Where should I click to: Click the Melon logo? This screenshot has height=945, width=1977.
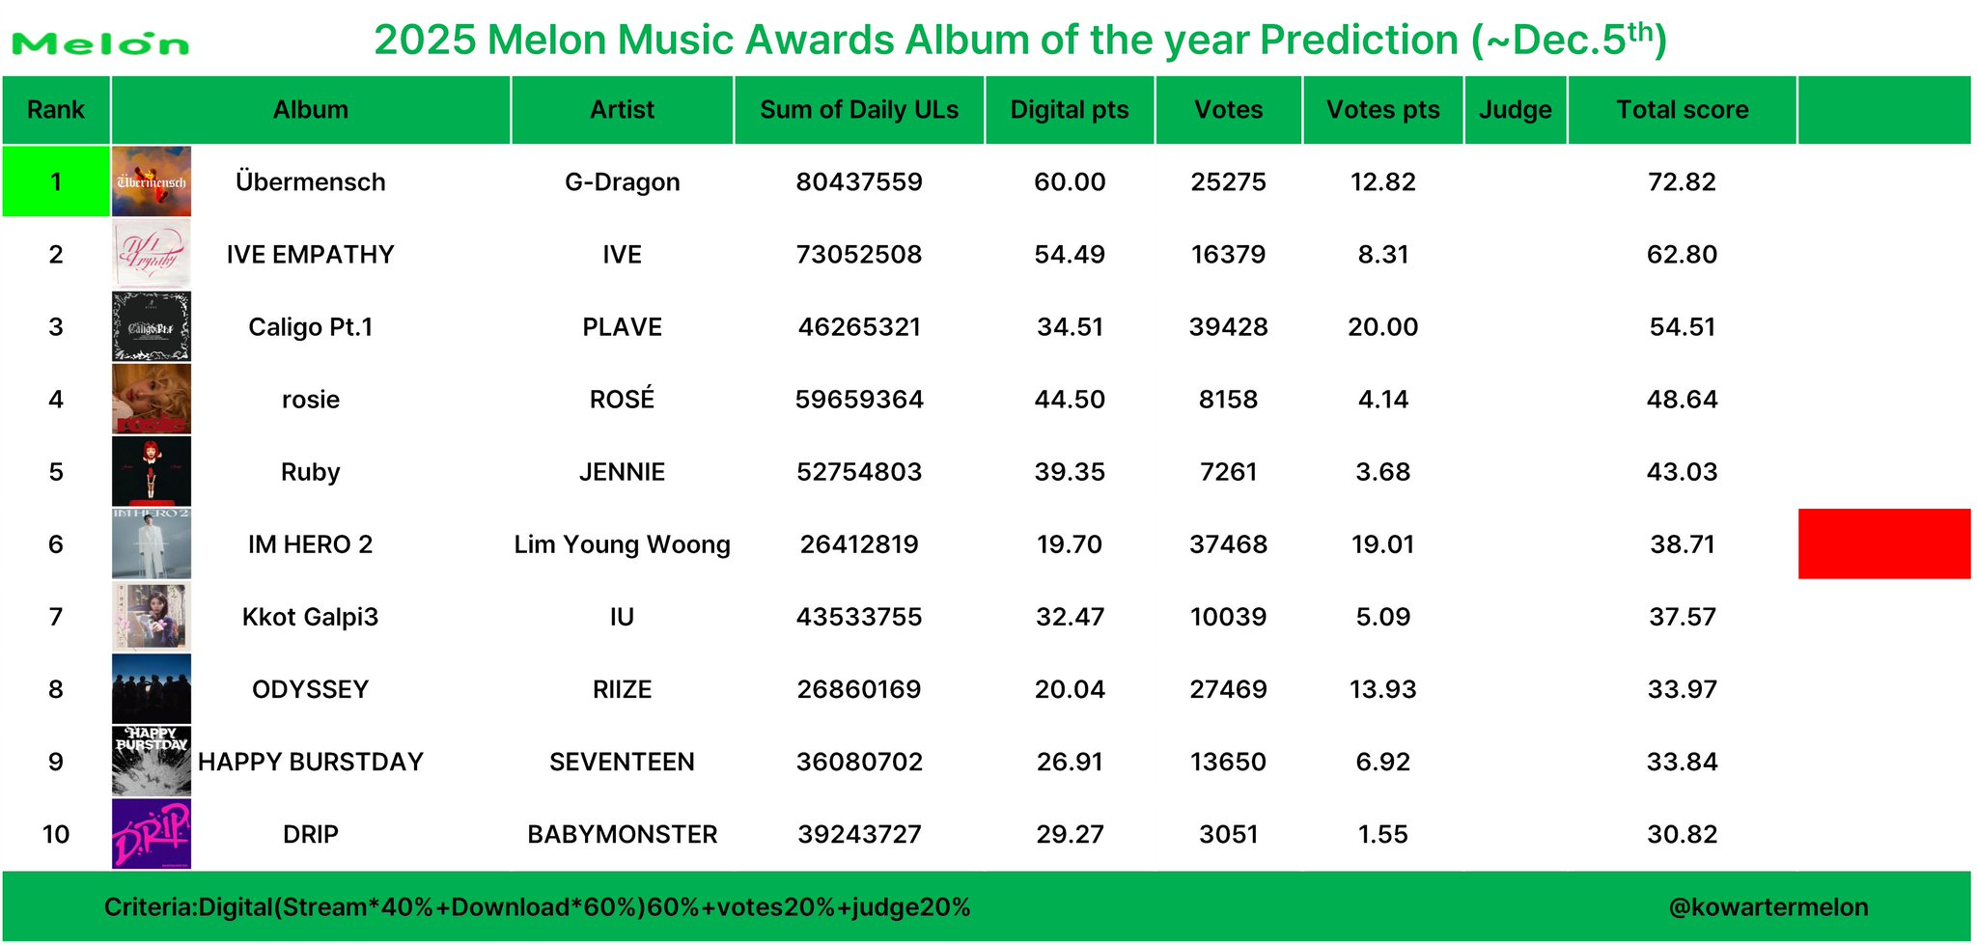coord(100,43)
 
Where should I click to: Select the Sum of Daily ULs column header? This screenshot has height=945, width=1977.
coord(859,110)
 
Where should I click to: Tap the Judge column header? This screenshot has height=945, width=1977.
coord(1516,110)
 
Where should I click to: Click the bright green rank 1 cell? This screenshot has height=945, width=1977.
coord(56,181)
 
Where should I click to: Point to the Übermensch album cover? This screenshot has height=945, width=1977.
coord(152,181)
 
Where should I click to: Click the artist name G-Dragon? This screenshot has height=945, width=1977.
coord(623,182)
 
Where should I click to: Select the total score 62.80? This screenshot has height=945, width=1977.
coord(1682,255)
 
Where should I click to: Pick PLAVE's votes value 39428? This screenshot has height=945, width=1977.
coord(1228,327)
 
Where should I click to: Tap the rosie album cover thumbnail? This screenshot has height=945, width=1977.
coord(152,399)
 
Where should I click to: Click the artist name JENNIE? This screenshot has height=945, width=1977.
coord(623,472)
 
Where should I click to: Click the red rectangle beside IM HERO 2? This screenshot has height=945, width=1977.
coord(1884,543)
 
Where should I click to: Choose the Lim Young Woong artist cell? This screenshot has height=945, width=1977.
coord(623,544)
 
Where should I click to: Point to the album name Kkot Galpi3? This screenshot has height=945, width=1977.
coord(310,617)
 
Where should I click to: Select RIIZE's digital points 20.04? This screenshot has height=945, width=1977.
coord(1070,689)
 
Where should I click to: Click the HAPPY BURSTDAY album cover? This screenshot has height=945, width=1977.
coord(152,761)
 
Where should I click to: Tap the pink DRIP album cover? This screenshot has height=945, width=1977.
coord(152,834)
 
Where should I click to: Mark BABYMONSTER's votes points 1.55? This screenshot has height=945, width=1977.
coord(1382,834)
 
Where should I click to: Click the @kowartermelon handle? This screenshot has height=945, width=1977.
coord(1768,907)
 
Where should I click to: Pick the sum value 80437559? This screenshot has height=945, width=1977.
coord(859,182)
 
